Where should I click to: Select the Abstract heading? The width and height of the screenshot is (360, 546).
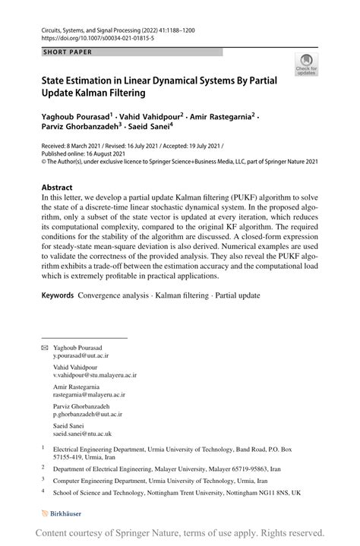(x=57, y=188)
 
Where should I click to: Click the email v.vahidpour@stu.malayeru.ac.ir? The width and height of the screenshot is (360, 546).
(x=94, y=374)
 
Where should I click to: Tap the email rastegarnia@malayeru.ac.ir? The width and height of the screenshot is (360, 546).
(x=89, y=395)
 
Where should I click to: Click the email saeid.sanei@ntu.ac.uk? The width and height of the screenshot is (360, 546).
(x=82, y=434)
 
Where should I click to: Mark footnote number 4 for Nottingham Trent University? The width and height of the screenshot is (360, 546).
(x=43, y=491)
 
